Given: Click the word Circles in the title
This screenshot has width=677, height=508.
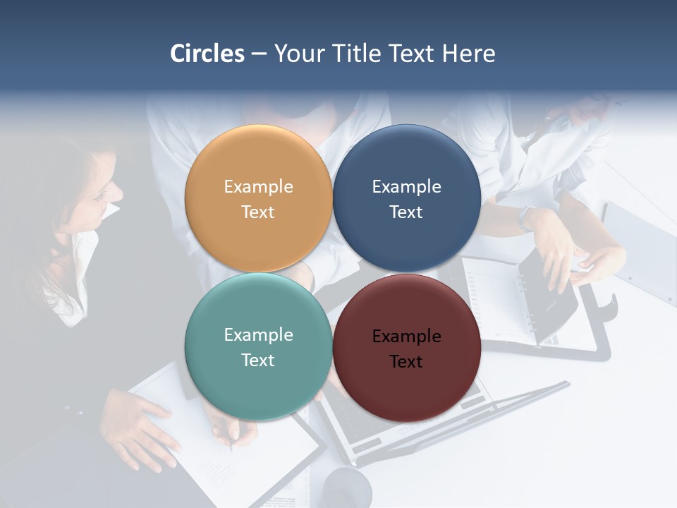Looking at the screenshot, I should (x=207, y=54).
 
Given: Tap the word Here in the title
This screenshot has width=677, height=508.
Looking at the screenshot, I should (x=468, y=54).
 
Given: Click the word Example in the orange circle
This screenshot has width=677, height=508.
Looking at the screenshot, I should (x=258, y=187).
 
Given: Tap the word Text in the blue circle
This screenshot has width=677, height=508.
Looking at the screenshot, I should (x=406, y=212).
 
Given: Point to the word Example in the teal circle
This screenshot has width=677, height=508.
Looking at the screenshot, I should (x=258, y=335).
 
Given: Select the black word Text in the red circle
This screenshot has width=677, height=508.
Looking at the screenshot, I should (x=406, y=362).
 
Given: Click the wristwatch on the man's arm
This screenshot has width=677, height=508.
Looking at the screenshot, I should (x=527, y=217).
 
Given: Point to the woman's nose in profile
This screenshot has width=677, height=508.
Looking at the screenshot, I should (x=118, y=191).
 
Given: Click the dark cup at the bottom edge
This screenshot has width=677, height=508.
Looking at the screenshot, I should (x=347, y=488).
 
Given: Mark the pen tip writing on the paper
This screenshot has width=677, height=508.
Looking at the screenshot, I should (x=231, y=447).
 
